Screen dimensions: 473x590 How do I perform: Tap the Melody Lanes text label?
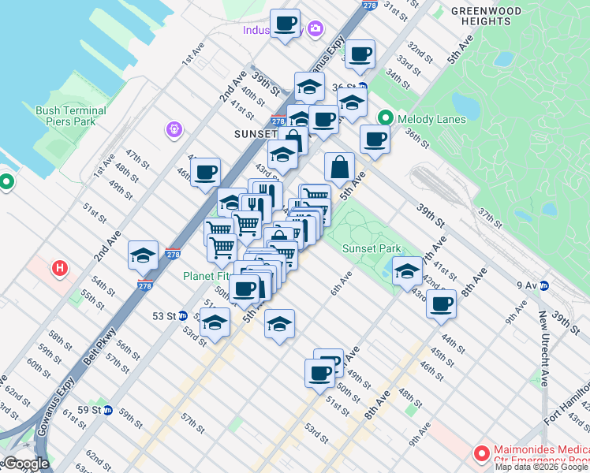(431, 119)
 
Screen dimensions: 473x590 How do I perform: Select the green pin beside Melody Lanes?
(385, 118)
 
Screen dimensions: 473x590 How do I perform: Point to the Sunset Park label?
(372, 248)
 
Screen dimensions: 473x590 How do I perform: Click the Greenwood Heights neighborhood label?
(486, 17)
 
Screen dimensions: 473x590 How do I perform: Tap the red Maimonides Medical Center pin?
(480, 453)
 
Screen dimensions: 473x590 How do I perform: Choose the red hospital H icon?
(59, 269)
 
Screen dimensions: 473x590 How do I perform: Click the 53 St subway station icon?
(182, 315)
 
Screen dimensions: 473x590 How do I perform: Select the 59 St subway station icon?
(108, 410)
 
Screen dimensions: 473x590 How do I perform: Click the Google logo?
(26, 464)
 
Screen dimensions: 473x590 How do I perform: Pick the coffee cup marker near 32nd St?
(360, 54)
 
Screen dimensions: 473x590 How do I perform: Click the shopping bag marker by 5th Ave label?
(339, 167)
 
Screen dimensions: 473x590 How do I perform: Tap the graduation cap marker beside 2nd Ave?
(143, 255)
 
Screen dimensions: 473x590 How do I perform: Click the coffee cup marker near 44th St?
(442, 303)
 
